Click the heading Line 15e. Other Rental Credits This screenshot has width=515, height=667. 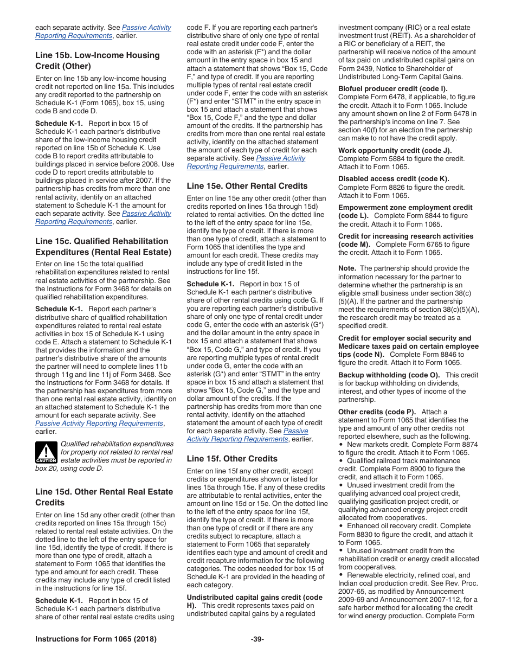[247, 185]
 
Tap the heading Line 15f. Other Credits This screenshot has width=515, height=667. [231, 458]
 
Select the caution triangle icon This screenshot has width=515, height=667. [46, 452]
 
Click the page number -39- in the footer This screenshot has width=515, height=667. [257, 639]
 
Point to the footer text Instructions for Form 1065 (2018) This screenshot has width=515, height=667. [96, 639]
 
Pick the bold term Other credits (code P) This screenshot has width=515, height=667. [377, 412]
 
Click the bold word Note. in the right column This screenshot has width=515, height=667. [347, 268]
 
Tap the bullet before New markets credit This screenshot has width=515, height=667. [341, 444]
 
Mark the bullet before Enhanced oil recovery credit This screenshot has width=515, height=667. [341, 526]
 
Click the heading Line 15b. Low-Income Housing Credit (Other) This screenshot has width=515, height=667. [97, 60]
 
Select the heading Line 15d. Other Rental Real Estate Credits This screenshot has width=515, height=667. [104, 497]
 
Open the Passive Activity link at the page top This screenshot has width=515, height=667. [146, 27]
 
